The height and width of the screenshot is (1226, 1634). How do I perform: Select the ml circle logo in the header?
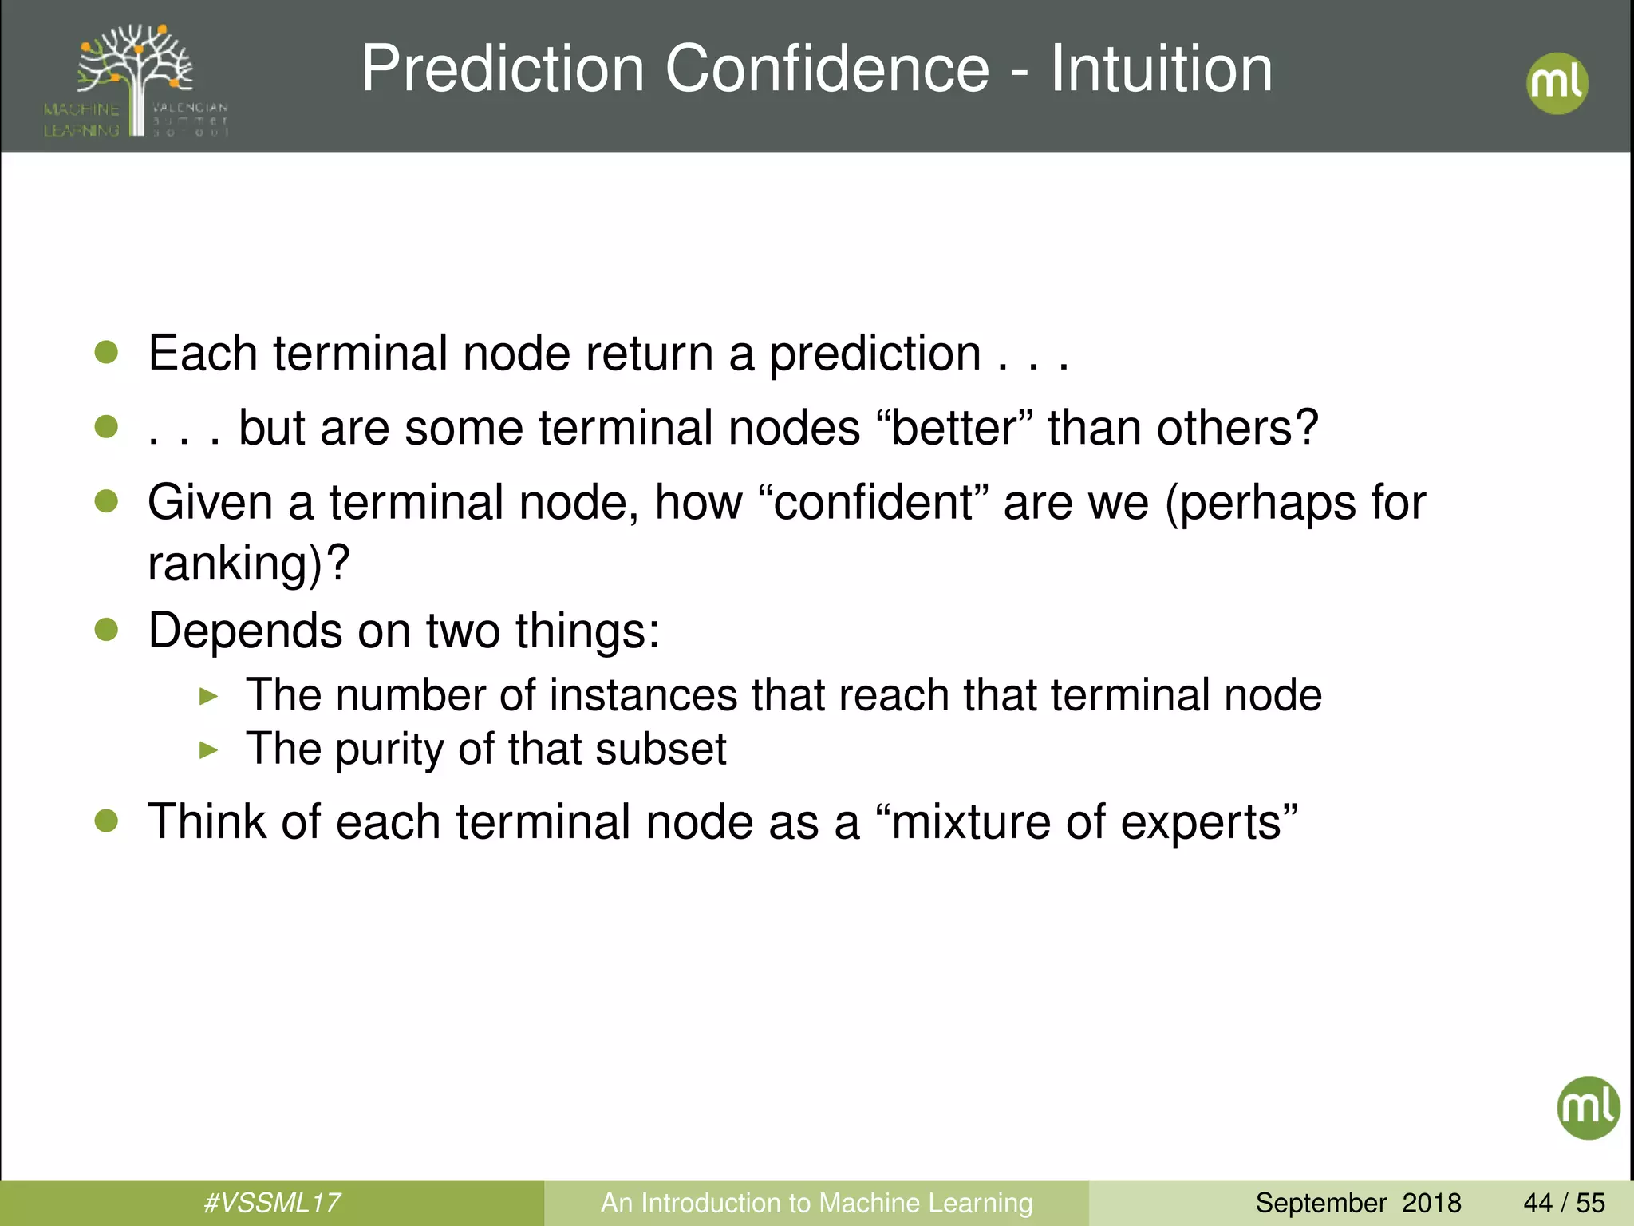[x=1557, y=83]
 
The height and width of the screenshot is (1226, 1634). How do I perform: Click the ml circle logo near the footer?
[x=1588, y=1107]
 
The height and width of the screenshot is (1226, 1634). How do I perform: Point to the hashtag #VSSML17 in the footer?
[x=272, y=1203]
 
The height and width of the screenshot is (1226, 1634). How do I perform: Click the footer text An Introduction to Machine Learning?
[x=816, y=1203]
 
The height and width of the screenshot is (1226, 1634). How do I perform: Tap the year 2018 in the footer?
[x=1431, y=1203]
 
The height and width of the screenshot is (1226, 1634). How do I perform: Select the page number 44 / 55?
[x=1564, y=1203]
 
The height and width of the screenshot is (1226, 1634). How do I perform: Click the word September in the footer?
[x=1320, y=1203]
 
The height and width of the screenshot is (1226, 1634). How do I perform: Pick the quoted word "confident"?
[x=873, y=503]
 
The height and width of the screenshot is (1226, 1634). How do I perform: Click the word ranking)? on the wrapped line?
[x=249, y=564]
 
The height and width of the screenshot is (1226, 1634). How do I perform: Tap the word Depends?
[x=245, y=631]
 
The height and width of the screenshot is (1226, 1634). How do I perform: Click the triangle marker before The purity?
[x=209, y=750]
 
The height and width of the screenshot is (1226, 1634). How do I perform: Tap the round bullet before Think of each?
[x=106, y=821]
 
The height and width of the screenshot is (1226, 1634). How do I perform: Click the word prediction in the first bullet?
[x=874, y=354]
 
